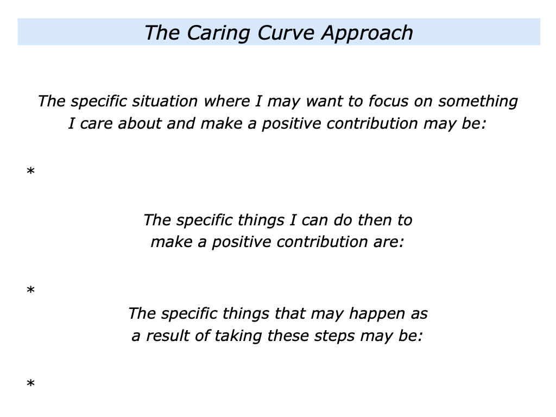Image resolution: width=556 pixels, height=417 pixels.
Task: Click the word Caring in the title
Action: coord(214,33)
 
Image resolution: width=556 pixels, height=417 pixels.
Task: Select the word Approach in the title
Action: coord(367,33)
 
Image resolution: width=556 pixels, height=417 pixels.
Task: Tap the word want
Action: coord(324,101)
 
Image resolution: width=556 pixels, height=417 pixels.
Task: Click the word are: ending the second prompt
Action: coord(389,242)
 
